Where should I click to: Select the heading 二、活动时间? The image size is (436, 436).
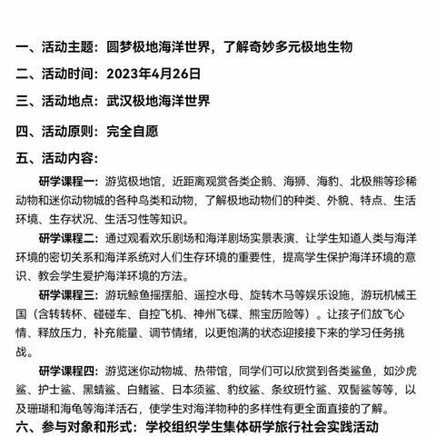point(61,74)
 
